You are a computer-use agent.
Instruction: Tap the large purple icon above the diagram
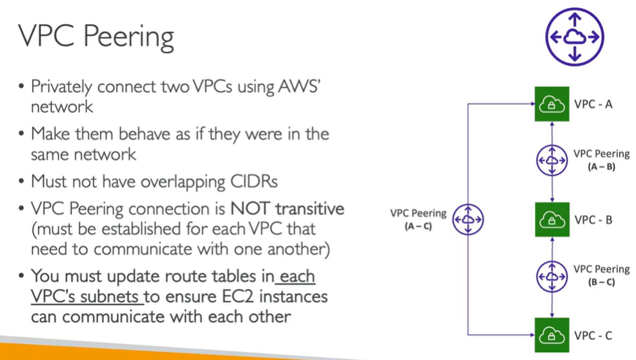click(x=574, y=36)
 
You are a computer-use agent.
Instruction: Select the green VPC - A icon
click(x=552, y=104)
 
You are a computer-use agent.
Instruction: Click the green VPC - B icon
click(x=552, y=220)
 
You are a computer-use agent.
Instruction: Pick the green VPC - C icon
click(x=552, y=336)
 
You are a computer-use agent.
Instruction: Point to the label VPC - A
click(x=594, y=104)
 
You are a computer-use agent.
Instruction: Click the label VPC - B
click(x=594, y=220)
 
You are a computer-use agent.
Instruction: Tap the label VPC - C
click(x=594, y=336)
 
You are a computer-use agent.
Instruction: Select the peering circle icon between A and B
click(x=552, y=161)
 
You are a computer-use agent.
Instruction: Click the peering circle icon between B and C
click(x=552, y=276)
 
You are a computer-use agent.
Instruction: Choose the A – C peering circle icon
click(x=468, y=219)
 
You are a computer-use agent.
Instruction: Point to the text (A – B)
click(x=601, y=168)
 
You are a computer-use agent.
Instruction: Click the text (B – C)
click(x=601, y=282)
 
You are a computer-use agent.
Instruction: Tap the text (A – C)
click(x=417, y=227)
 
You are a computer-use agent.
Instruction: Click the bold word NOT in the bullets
click(x=252, y=209)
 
